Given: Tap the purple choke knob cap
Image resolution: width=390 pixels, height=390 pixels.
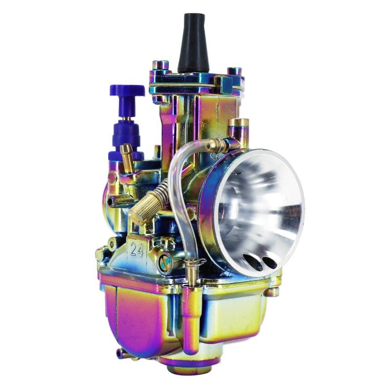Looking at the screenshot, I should (x=126, y=91).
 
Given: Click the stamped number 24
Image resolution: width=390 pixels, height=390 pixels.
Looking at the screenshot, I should (x=136, y=249).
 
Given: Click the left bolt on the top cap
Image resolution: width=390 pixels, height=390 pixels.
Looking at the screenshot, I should (x=160, y=65).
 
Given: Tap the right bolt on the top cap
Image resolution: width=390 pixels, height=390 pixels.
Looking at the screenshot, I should (x=235, y=71).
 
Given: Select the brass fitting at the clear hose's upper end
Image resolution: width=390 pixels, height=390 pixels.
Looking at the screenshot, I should (x=217, y=145).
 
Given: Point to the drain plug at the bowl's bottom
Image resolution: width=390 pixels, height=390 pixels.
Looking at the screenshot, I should (x=183, y=367).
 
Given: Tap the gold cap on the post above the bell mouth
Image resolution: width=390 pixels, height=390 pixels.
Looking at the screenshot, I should (x=238, y=123).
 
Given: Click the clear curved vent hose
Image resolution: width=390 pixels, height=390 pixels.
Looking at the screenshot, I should (x=181, y=195).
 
